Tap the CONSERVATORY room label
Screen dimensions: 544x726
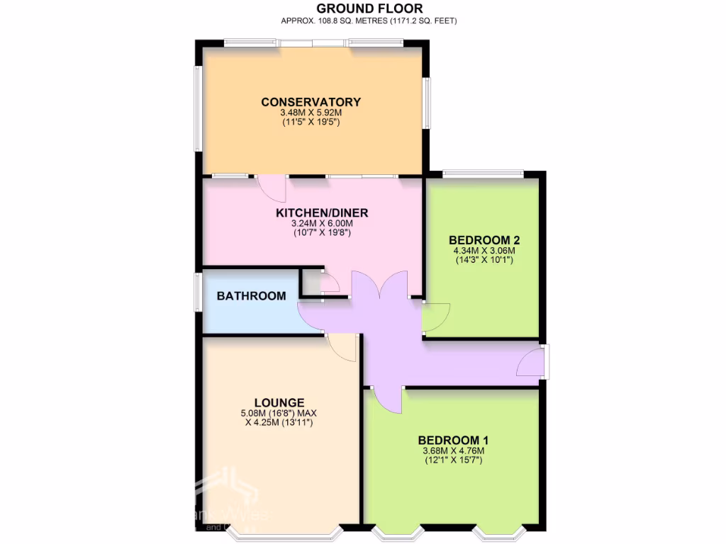[x=311, y=102]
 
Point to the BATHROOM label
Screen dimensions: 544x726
[x=252, y=296]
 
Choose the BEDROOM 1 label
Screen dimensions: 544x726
[x=453, y=440]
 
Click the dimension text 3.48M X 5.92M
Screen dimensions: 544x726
[x=311, y=113]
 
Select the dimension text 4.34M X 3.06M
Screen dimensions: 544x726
[x=484, y=250]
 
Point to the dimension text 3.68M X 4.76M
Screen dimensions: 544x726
[x=453, y=450]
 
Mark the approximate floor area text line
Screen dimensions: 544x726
[x=369, y=21]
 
